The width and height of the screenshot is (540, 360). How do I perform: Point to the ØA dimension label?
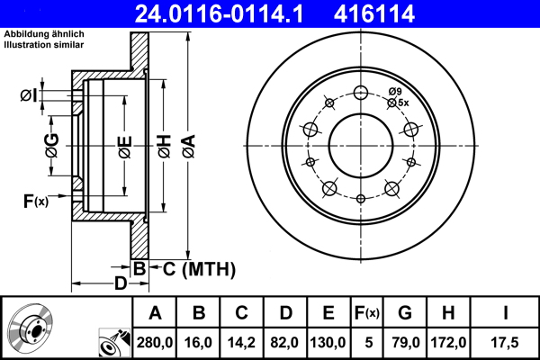tap(187, 144)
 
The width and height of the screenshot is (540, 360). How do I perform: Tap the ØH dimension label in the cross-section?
tap(164, 145)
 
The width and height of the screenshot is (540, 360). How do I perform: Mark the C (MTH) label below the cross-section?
tap(193, 268)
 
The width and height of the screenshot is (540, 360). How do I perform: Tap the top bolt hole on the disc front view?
tap(362, 93)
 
